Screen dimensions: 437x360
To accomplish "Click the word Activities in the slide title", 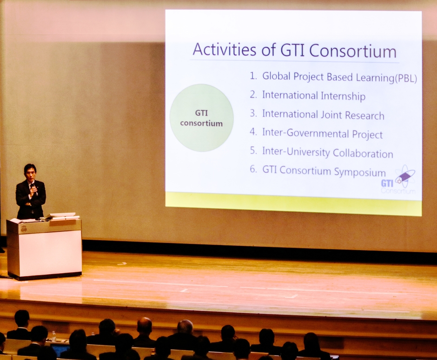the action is pos(225,49).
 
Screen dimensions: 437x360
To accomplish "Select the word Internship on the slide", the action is pos(343,96).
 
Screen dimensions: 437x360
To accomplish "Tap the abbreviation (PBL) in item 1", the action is pos(406,79).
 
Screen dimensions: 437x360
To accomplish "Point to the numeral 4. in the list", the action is pos(253,132).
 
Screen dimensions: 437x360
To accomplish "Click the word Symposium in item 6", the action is pos(360,172).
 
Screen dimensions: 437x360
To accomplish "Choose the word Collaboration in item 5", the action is pos(363,153).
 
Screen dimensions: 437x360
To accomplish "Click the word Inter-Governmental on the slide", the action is pos(305,133).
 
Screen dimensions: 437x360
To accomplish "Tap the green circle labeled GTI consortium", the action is pos(201,118).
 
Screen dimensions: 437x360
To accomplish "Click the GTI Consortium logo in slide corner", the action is pos(399,180).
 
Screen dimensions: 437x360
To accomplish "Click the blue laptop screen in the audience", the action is pos(60,350).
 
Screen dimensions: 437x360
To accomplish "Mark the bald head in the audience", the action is pos(145,325).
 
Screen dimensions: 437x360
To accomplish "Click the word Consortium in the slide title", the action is pos(353,51).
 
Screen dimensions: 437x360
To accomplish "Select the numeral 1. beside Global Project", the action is pos(253,76).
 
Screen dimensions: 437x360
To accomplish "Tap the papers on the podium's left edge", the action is pos(16,221).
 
